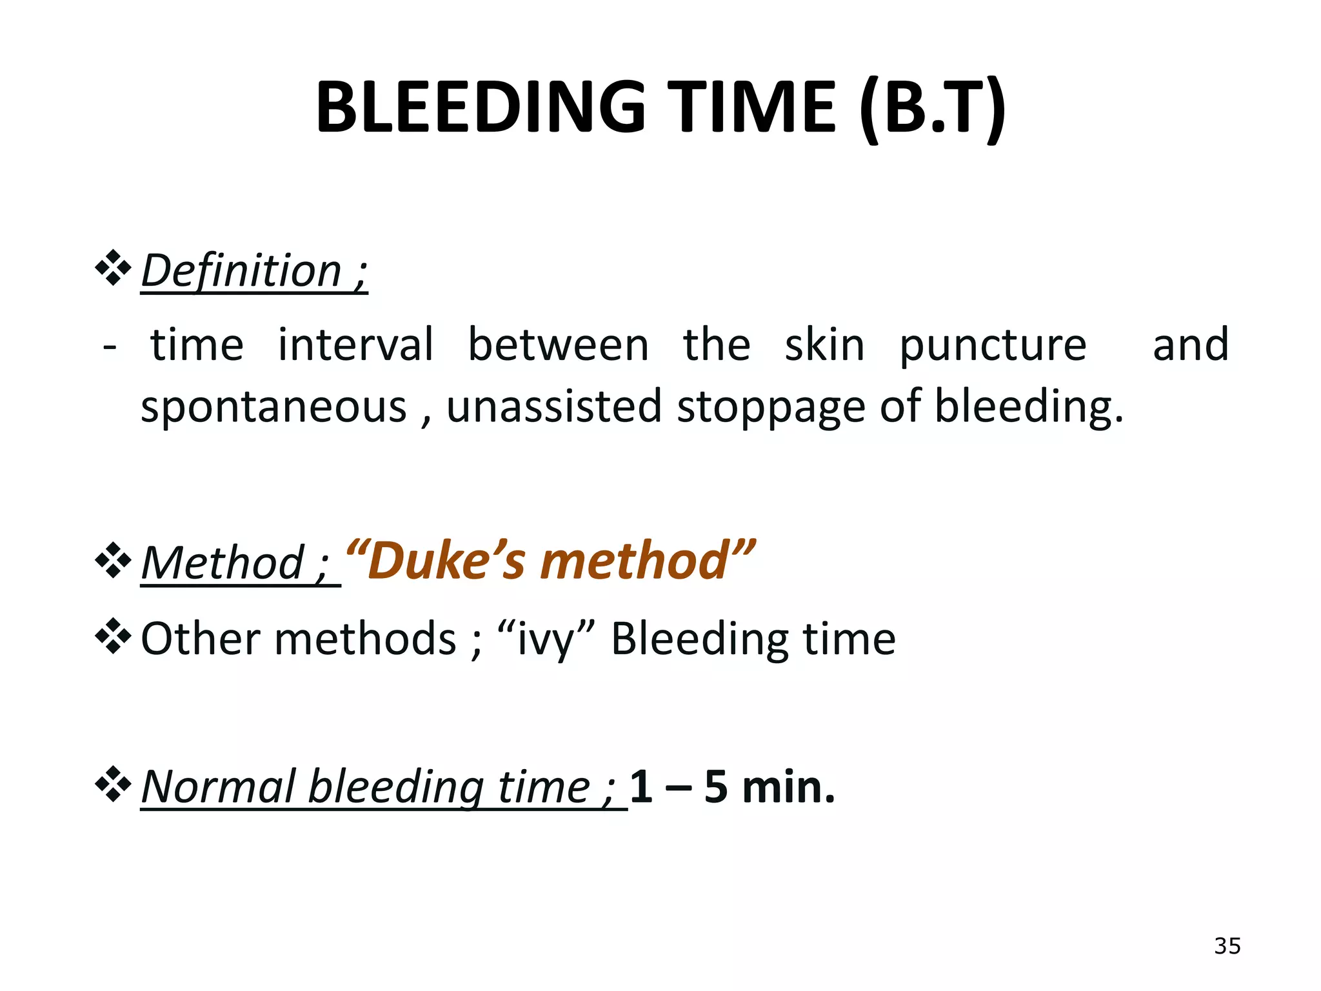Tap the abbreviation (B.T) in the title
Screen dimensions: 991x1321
(x=932, y=108)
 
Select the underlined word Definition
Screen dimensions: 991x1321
(x=241, y=270)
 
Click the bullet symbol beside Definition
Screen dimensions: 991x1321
(x=113, y=267)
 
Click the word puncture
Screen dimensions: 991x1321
(x=993, y=346)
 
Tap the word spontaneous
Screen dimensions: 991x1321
(x=274, y=407)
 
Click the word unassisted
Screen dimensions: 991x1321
(x=554, y=406)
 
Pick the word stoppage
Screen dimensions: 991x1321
(x=771, y=407)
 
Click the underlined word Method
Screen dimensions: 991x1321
(x=223, y=563)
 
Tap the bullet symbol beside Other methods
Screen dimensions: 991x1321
(x=113, y=636)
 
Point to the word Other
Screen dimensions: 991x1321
(x=200, y=638)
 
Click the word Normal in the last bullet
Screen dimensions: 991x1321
(x=219, y=786)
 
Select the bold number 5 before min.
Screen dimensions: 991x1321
(x=716, y=786)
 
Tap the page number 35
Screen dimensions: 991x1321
(x=1227, y=946)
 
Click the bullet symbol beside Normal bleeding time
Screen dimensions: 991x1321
(x=113, y=784)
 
